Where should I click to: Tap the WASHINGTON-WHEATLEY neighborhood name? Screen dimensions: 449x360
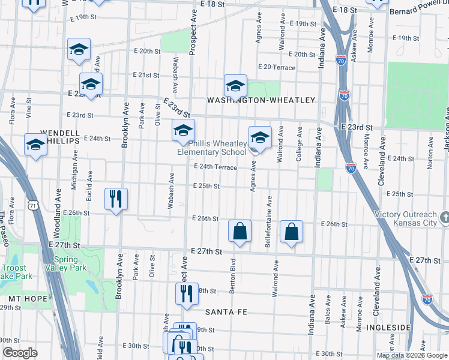261,100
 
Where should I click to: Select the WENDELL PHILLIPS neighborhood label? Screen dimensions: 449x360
60,136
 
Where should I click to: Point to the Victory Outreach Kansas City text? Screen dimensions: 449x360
405,219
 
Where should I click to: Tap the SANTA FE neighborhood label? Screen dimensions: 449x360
226,312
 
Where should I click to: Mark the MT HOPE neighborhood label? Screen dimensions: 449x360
23,298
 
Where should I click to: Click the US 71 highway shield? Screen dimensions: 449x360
34,205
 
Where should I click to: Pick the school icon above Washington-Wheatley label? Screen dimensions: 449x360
235,85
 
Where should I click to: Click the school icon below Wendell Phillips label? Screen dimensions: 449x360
35,145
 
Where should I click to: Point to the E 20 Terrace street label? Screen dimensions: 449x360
276,67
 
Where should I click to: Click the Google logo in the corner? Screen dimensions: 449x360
20,353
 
